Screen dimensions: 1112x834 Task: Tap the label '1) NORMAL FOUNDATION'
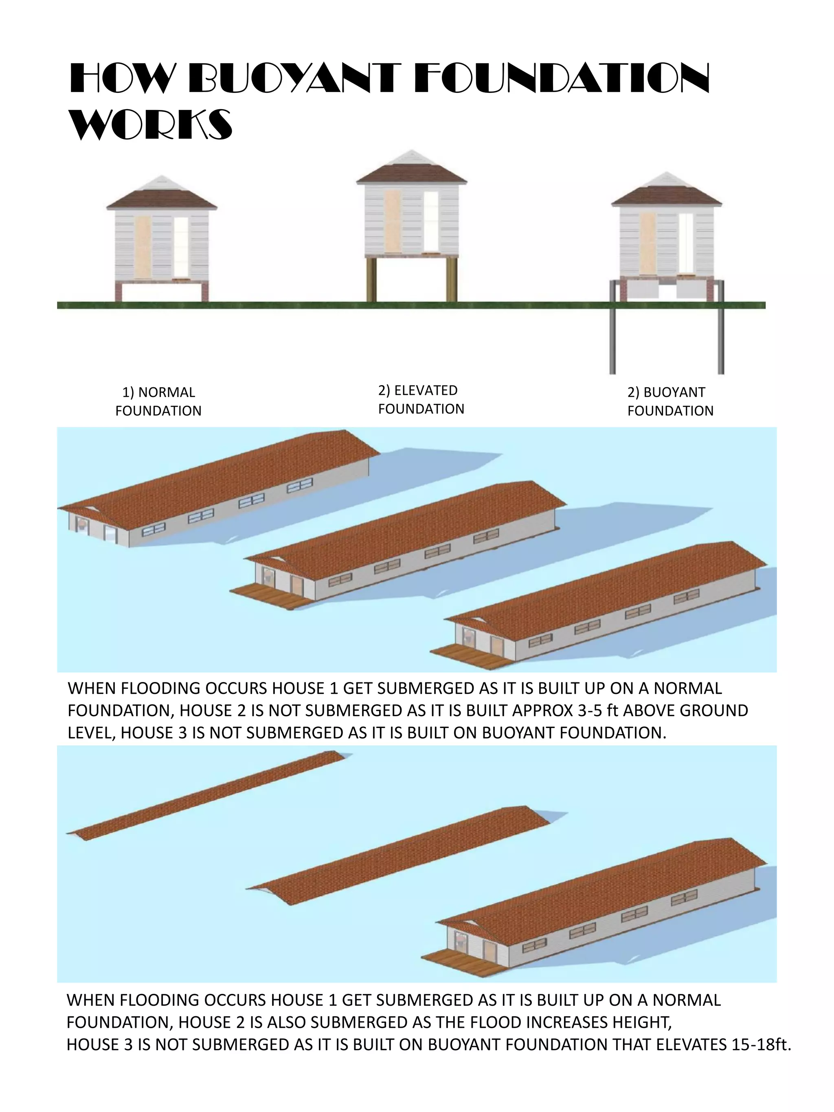click(158, 401)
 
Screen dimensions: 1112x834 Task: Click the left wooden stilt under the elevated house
click(371, 279)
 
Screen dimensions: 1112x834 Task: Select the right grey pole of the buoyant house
click(720, 327)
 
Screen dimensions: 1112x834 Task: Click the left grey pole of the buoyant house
click(612, 327)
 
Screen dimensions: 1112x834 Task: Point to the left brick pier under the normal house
click(119, 292)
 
